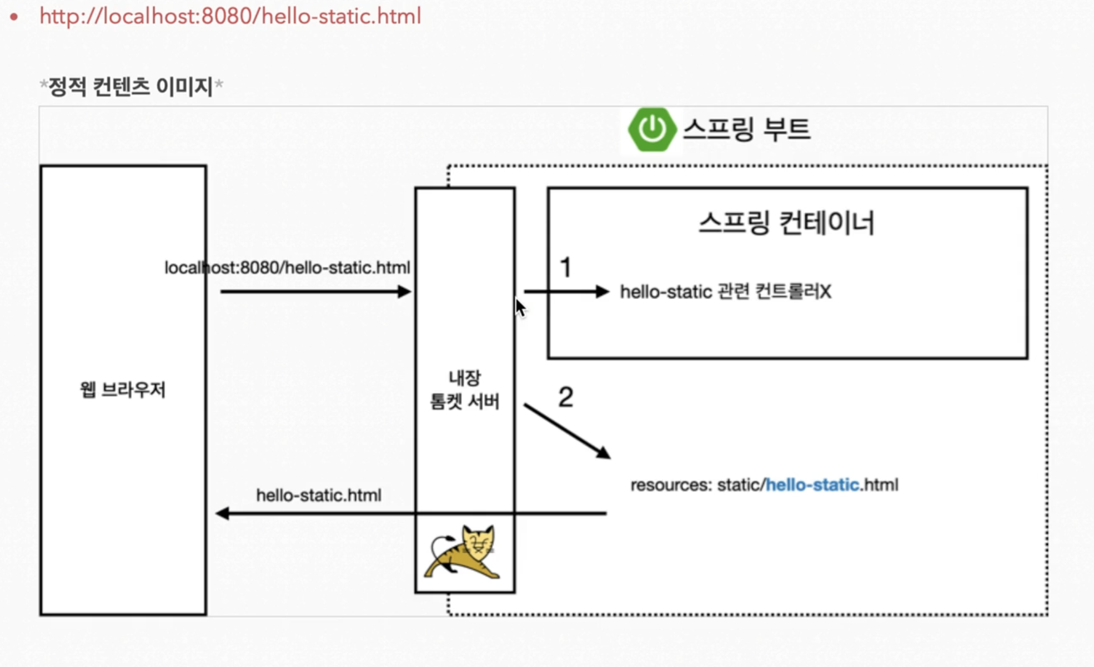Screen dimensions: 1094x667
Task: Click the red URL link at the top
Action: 230,17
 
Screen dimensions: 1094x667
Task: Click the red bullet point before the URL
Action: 14,17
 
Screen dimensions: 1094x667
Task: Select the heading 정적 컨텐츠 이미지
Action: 131,87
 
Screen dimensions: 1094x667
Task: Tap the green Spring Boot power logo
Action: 651,129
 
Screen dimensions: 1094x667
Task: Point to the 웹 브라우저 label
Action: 123,390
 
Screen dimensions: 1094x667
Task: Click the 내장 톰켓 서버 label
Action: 465,390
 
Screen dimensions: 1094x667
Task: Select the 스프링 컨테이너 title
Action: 786,223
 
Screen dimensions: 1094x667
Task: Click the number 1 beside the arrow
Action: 565,268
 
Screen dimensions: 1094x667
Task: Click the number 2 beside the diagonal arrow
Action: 565,397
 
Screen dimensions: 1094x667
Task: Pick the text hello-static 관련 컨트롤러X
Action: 725,292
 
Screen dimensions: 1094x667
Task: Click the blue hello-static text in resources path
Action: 812,485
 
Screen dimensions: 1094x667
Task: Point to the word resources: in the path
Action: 671,485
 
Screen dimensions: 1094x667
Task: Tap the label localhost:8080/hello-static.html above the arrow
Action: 287,268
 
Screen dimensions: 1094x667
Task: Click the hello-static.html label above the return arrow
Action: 318,495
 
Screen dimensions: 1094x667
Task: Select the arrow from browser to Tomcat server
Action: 315,291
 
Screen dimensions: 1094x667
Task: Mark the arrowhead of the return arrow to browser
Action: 223,513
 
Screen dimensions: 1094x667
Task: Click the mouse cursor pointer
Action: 519,307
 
